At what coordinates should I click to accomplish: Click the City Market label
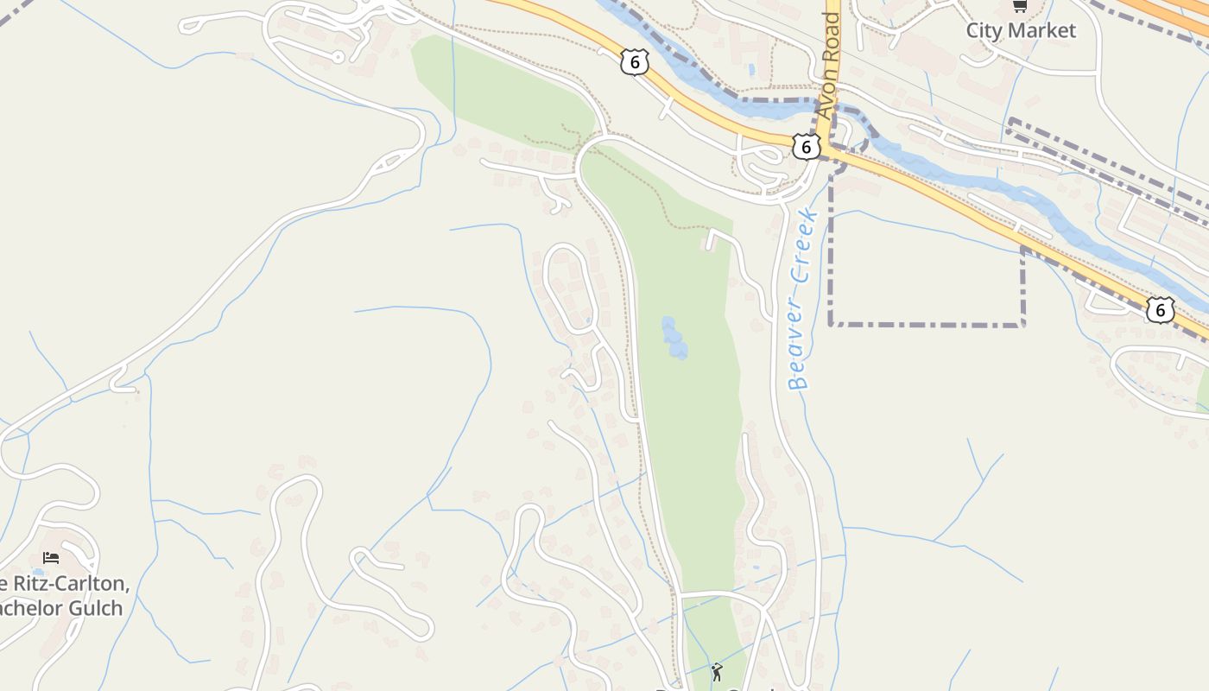pos(1021,30)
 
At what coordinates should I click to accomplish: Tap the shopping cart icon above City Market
pos(1019,6)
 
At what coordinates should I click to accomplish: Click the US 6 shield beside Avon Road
pos(806,147)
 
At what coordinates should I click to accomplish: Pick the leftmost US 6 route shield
pos(634,61)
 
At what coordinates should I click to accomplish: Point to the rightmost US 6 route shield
pos(1161,309)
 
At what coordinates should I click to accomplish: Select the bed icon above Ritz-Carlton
pos(51,558)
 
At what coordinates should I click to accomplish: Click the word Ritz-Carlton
pos(77,585)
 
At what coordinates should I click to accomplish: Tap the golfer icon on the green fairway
pos(717,671)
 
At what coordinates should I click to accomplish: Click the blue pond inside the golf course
pos(674,338)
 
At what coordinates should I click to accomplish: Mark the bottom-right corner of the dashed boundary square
pos(1023,325)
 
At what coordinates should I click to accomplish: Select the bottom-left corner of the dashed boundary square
pos(831,325)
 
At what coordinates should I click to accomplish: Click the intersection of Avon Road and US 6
pos(823,149)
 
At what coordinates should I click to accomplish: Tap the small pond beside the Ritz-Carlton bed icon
pos(37,572)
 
